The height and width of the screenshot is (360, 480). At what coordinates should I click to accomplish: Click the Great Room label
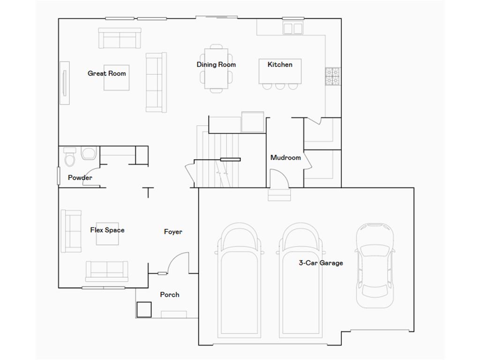[x=107, y=74]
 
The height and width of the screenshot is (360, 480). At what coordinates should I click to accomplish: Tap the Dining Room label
[x=216, y=65]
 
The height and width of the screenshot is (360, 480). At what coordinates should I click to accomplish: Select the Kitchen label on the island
[x=280, y=65]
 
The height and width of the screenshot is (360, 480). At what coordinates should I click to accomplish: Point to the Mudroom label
[x=285, y=157]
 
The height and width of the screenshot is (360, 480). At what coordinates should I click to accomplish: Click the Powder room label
[x=80, y=178]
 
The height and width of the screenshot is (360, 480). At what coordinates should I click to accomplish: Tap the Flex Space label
[x=107, y=230]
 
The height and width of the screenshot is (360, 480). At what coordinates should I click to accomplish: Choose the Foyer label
[x=173, y=232]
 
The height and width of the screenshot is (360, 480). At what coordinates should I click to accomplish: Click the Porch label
[x=169, y=294]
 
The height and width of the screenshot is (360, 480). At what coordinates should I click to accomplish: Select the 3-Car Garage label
[x=321, y=263]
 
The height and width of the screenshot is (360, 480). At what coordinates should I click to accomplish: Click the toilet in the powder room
[x=70, y=158]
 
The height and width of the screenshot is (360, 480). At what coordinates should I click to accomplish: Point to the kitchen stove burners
[x=333, y=76]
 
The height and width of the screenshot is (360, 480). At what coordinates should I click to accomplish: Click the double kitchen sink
[x=293, y=28]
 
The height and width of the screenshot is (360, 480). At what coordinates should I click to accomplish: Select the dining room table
[x=216, y=68]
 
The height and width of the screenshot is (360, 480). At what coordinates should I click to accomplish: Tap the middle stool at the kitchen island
[x=280, y=86]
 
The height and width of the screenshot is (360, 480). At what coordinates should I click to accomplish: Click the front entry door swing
[x=177, y=262]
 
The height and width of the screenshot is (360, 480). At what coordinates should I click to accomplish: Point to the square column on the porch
[x=144, y=309]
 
